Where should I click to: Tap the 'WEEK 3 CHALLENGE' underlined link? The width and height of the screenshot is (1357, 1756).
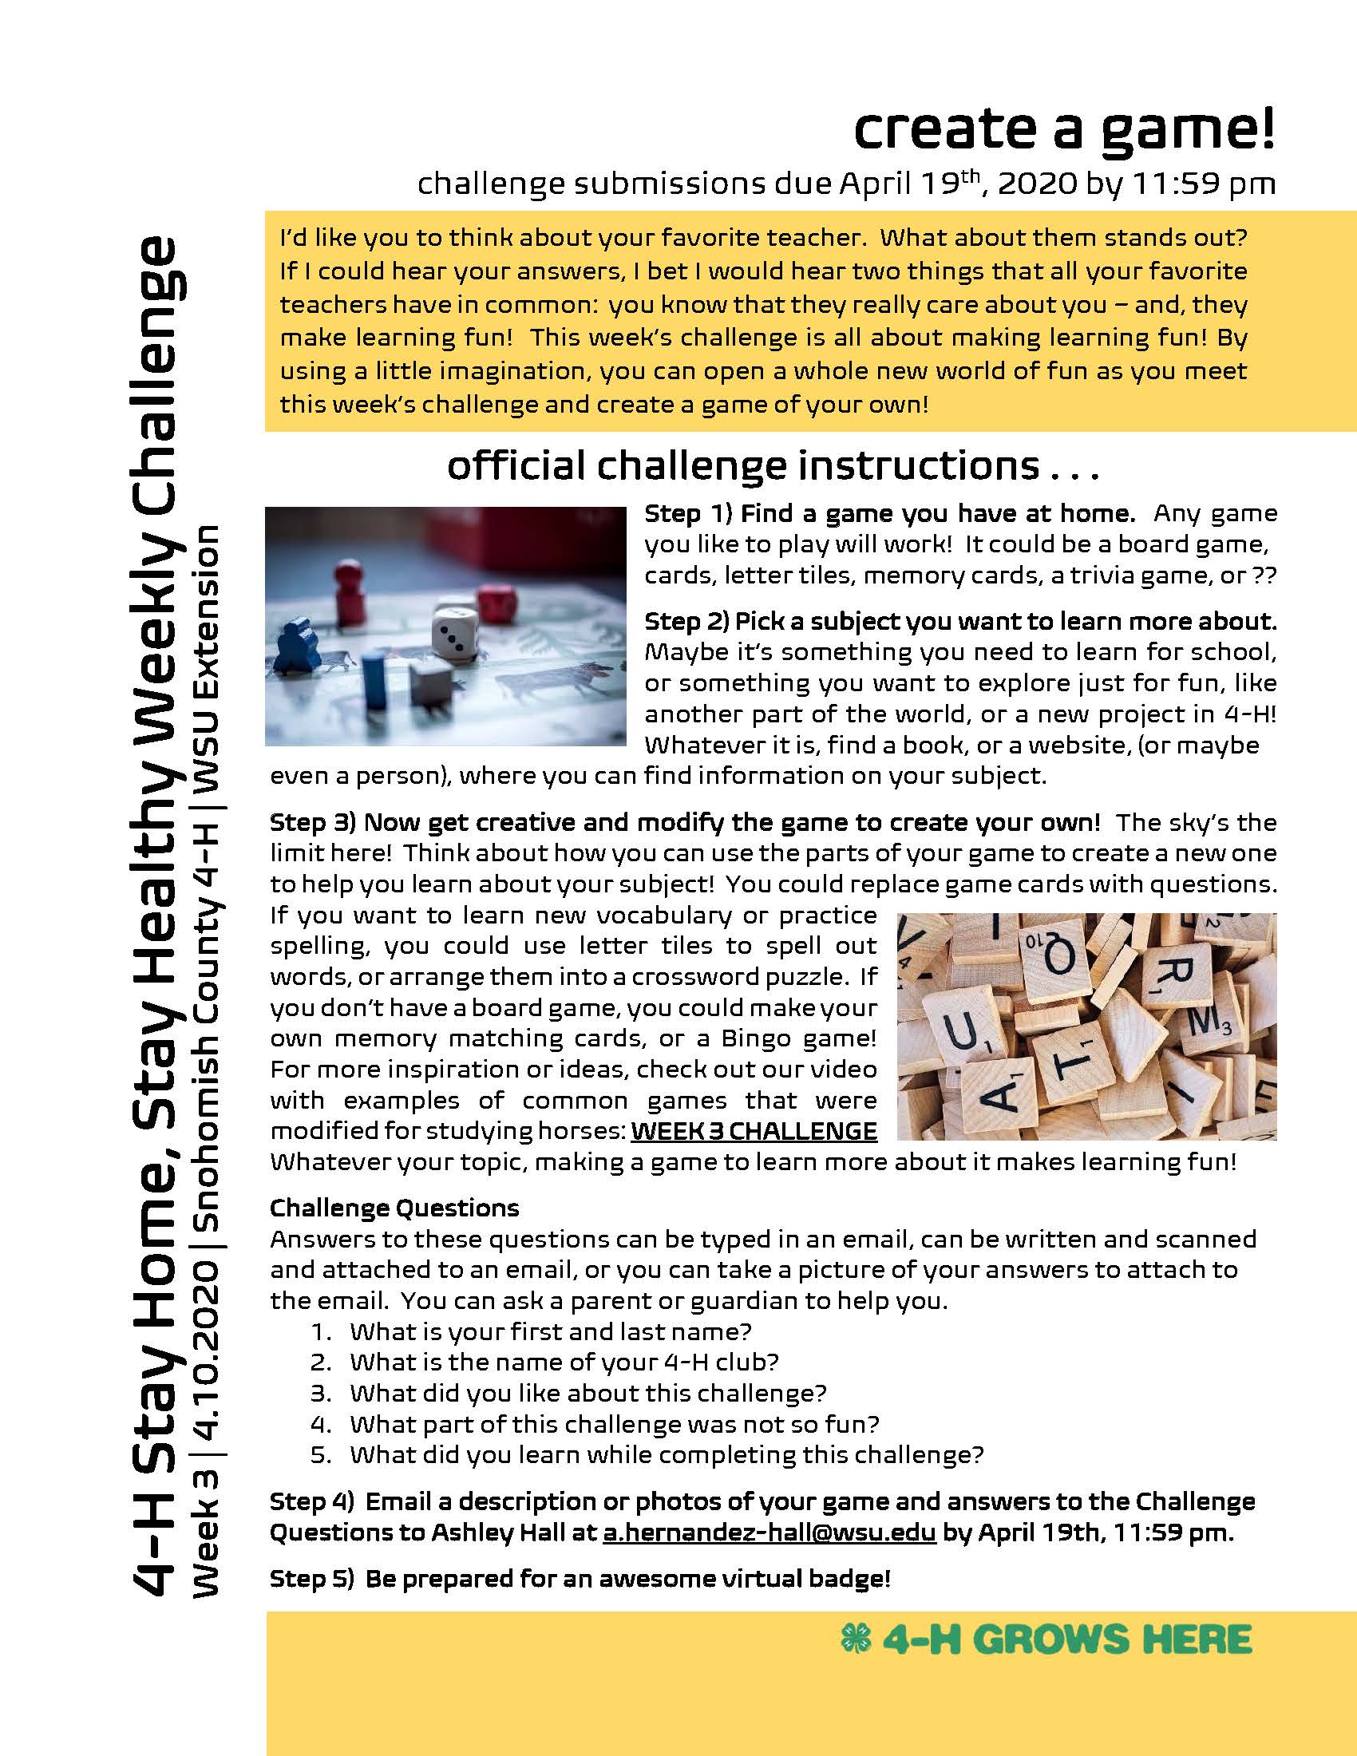pyautogui.click(x=754, y=1131)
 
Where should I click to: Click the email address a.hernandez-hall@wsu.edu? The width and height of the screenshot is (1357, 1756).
pyautogui.click(x=769, y=1533)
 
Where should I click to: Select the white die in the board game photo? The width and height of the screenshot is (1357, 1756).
pyautogui.click(x=455, y=633)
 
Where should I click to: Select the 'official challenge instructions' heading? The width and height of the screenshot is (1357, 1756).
pyautogui.click(x=772, y=466)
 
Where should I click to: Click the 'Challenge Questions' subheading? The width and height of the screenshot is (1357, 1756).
pyautogui.click(x=394, y=1208)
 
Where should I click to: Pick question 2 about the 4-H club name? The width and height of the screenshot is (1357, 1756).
pyautogui.click(x=564, y=1362)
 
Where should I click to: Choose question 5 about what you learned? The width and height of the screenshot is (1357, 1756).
pyautogui.click(x=667, y=1454)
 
